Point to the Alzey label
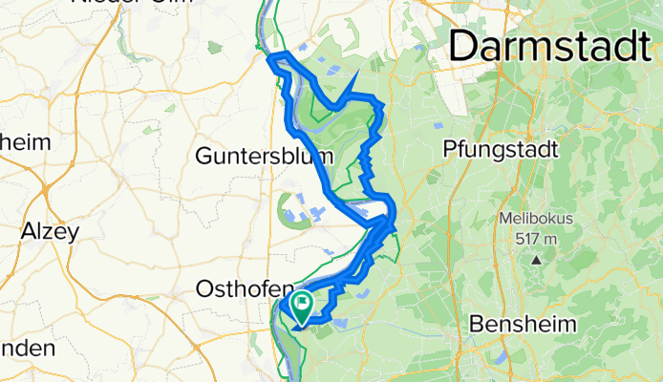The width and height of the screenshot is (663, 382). pos(50,231)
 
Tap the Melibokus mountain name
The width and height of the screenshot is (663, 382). pos(536,219)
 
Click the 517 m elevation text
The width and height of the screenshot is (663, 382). pos(536,238)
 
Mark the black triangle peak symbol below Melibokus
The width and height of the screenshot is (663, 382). pos(537,259)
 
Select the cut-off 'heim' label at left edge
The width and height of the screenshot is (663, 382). pos(24,142)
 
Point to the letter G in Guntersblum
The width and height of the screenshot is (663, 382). pos(203,156)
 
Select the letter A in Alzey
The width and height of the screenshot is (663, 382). pos(29,231)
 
